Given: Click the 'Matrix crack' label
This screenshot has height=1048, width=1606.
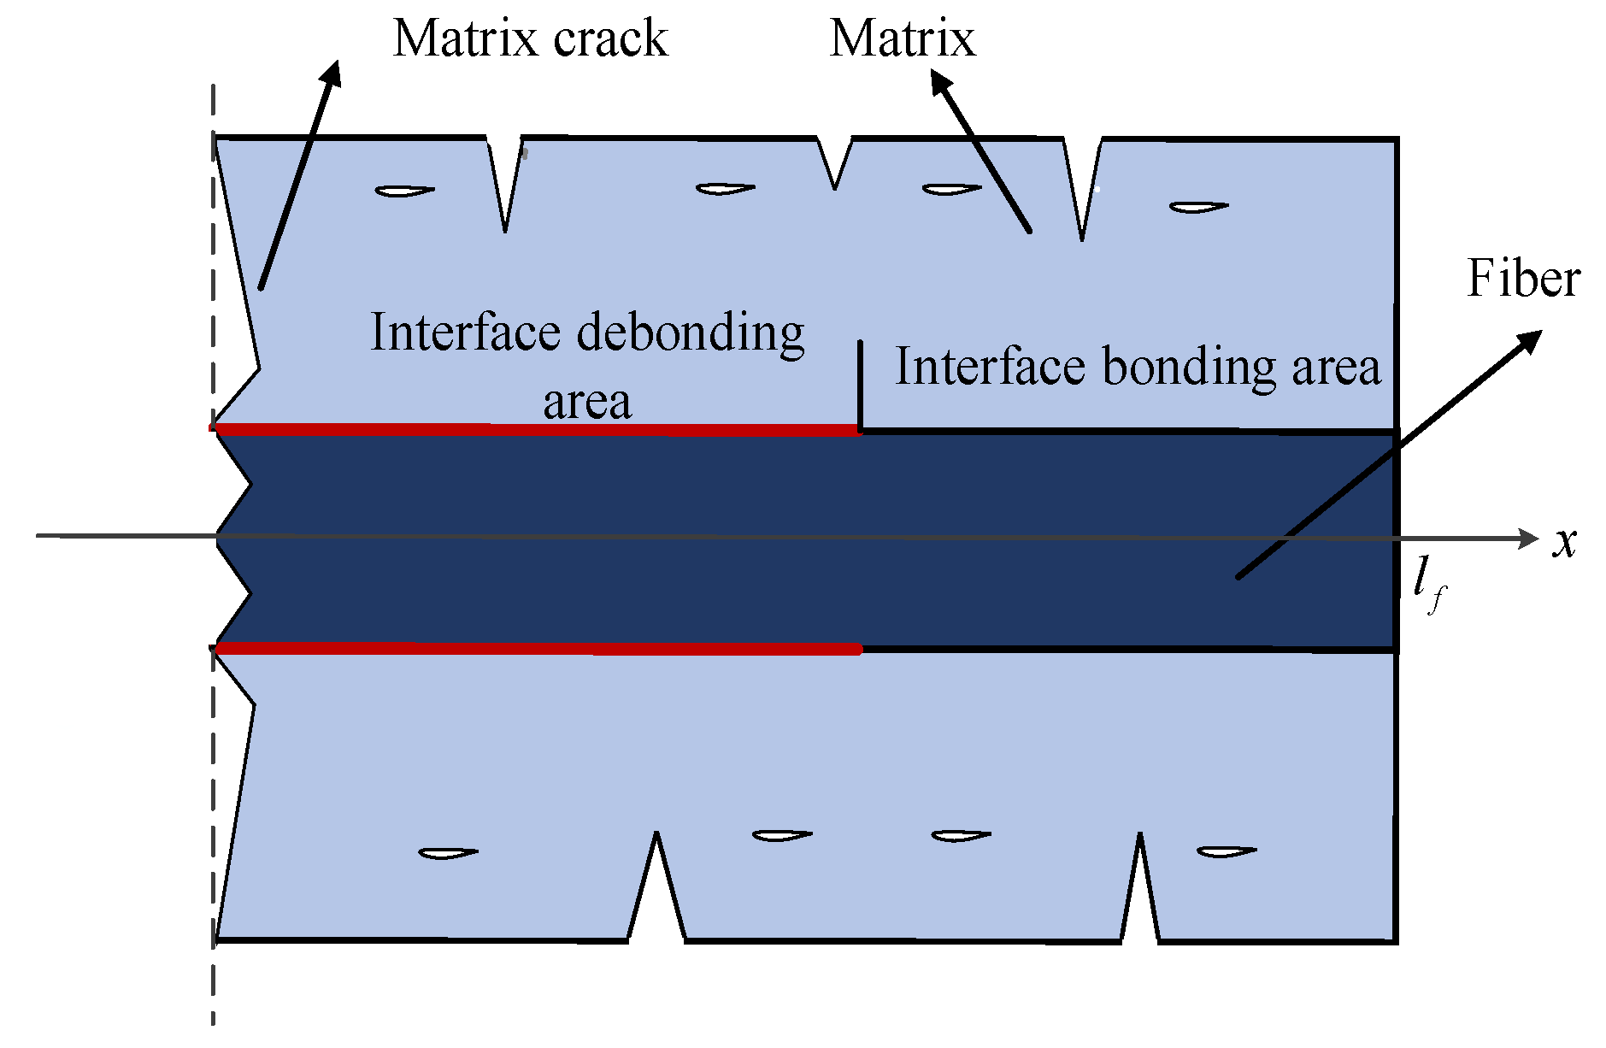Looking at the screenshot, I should point(529,38).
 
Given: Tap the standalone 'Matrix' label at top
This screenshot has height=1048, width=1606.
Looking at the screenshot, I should point(902,38).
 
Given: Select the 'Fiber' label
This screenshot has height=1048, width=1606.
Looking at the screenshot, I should point(1523,279).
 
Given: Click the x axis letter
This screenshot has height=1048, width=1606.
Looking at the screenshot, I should point(1564,541).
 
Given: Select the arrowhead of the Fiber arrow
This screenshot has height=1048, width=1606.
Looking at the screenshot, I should point(1530,340).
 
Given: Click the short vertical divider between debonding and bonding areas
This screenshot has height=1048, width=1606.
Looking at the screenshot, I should point(860,385).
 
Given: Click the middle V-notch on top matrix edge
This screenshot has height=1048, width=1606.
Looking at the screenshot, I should point(834,162).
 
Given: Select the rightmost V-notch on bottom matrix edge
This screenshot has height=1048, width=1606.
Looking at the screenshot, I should point(1140,889).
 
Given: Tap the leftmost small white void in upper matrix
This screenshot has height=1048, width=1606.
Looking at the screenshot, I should point(404,191).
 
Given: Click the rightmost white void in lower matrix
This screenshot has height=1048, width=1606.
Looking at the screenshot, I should point(1226,851).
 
